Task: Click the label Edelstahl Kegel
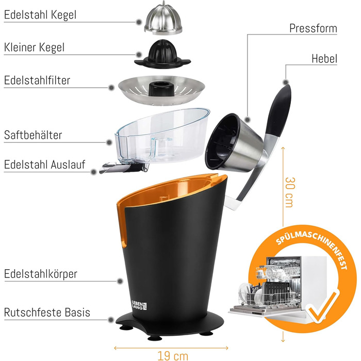coord(40,15)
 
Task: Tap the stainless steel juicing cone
coord(163,19)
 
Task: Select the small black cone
coord(162,54)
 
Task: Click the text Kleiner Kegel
coord(34,47)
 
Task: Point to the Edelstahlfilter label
coord(37,80)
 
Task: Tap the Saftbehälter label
coord(33,135)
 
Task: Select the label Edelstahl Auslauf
coord(45,165)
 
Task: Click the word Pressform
coord(313,28)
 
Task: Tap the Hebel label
coord(324,59)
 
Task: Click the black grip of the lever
coord(279,109)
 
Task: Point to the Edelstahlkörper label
coord(41,274)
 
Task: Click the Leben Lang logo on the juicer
coord(139,305)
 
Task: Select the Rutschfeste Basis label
coord(47,313)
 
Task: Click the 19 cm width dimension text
coord(173,356)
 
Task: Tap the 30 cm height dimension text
coord(289,192)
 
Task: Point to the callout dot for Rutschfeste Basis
coord(111,320)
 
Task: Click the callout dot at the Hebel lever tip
coord(286,82)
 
